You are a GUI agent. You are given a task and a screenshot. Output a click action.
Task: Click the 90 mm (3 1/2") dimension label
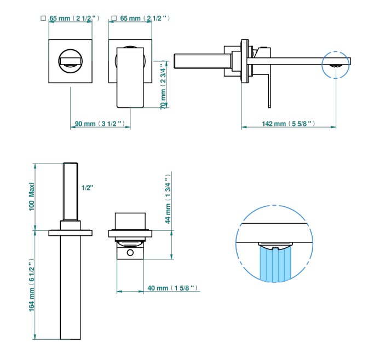pos(100,124)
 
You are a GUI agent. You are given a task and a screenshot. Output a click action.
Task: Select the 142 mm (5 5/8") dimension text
pos(289,124)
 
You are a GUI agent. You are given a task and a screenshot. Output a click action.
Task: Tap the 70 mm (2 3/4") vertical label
pos(163,85)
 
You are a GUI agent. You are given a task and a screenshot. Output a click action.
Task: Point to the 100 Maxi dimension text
pos(32,196)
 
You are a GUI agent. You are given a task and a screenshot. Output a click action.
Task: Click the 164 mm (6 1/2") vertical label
pos(32,285)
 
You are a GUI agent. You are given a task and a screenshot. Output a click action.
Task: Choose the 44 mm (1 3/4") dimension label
pos(168,199)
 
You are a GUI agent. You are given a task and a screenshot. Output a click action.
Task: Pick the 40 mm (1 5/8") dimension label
pos(173,288)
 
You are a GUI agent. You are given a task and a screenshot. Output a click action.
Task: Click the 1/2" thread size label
pos(87,188)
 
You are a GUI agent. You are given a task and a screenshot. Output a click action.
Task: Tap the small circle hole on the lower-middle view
pos(130,253)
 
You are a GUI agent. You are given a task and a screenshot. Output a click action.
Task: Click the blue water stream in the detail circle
pos(275,265)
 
